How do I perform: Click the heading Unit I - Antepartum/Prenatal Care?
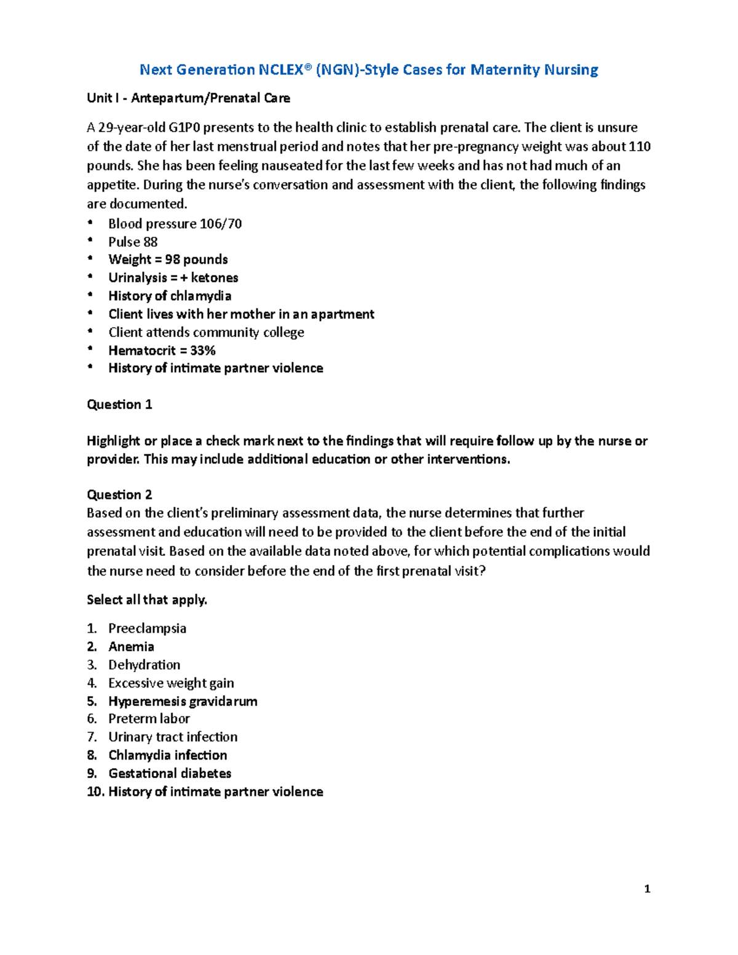[188, 98]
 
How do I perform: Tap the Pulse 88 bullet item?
[133, 242]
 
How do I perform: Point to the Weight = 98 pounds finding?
[168, 260]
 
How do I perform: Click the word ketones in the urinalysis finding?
[214, 278]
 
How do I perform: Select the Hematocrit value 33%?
[203, 351]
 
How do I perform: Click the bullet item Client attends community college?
[206, 333]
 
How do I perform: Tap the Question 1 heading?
[119, 405]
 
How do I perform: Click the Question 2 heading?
[119, 495]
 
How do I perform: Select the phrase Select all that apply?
[147, 600]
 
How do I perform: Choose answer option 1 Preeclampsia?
[147, 628]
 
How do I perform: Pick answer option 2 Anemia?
[131, 647]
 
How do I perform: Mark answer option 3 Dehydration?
[144, 665]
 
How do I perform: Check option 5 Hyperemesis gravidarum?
[183, 702]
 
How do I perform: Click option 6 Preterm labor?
[149, 719]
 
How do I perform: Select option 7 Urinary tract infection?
[173, 737]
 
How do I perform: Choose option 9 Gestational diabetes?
[170, 774]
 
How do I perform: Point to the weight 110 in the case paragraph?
[639, 147]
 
